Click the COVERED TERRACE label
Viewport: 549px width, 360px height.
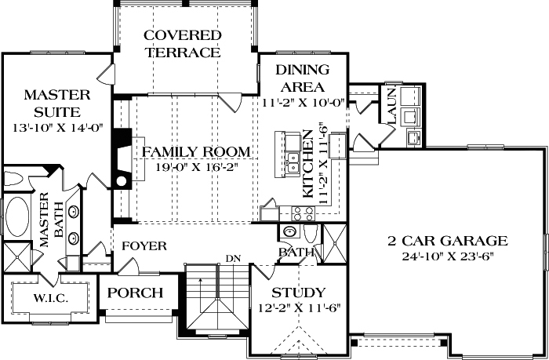coord(182,44)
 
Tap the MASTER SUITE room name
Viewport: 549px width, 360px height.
coord(56,104)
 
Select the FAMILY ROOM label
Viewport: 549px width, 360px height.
coord(195,151)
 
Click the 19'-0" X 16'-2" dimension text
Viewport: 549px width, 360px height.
coord(196,167)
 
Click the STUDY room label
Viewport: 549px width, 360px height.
coord(299,294)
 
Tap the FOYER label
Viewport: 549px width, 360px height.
coord(144,246)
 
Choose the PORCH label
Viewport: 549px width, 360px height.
coord(135,293)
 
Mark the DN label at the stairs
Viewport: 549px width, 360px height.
coord(232,258)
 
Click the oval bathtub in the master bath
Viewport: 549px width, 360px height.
coord(16,217)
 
